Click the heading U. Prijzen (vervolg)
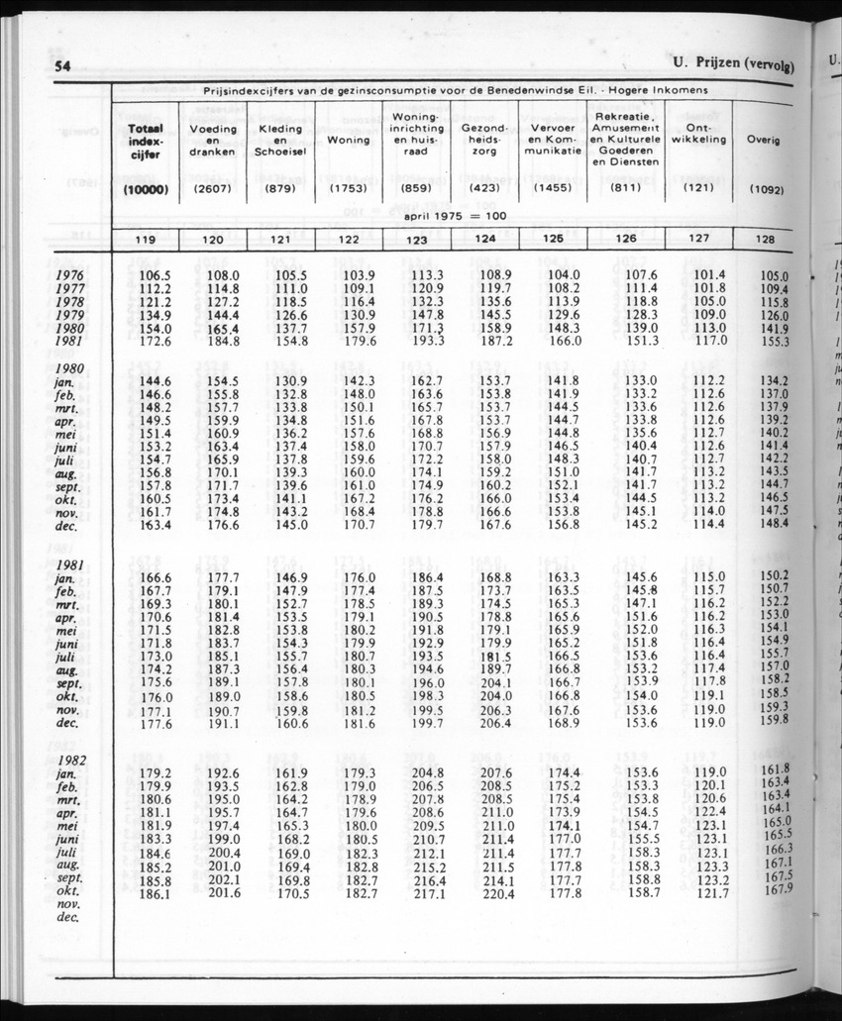pos(734,65)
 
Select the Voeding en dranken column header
pos(213,141)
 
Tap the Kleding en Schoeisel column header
pos(279,141)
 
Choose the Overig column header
pos(763,140)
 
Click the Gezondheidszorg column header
pos(484,141)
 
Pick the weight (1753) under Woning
pos(348,188)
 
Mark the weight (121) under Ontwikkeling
pos(698,188)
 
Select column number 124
pos(485,239)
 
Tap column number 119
pos(146,239)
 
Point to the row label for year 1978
pos(69,302)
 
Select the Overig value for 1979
pos(773,316)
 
